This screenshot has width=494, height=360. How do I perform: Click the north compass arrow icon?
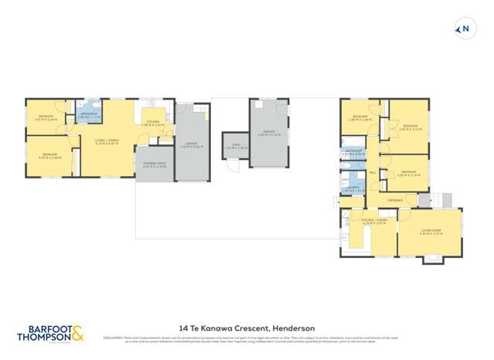pyautogui.click(x=465, y=30)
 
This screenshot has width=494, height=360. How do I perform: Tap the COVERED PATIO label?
pyautogui.click(x=154, y=165)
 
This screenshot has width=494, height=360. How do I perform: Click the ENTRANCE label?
pyautogui.click(x=395, y=199)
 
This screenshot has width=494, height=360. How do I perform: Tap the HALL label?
pyautogui.click(x=373, y=173)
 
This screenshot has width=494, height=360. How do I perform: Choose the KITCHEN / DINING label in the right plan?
pyautogui.click(x=373, y=221)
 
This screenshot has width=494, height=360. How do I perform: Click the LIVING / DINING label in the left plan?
pyautogui.click(x=107, y=141)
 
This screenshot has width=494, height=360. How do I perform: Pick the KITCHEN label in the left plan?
pyautogui.click(x=153, y=121)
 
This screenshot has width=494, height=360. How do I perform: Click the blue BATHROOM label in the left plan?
pyautogui.click(x=89, y=114)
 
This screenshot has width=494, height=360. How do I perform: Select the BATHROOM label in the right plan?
pyautogui.click(x=353, y=151)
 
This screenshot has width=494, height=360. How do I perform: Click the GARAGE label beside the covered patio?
pyautogui.click(x=192, y=144)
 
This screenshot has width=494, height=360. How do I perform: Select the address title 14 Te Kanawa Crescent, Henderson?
pyautogui.click(x=246, y=328)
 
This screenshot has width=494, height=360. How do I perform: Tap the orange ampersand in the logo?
pyautogui.click(x=79, y=333)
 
